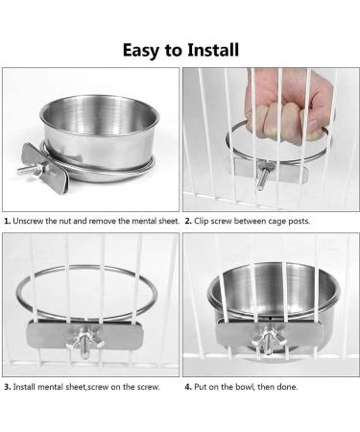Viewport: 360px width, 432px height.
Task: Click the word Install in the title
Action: (x=213, y=50)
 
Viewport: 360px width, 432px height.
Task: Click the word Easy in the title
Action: (x=141, y=51)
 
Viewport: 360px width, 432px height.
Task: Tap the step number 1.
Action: (x=8, y=221)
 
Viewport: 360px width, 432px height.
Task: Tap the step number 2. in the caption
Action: (x=188, y=221)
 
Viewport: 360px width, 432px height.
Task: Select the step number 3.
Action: (x=8, y=387)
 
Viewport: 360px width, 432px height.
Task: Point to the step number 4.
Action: (x=188, y=387)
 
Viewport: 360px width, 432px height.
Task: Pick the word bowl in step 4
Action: (x=245, y=387)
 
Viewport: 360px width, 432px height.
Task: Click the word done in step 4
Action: (x=287, y=387)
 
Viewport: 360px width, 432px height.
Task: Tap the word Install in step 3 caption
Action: (x=24, y=387)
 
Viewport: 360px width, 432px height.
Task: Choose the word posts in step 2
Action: (x=300, y=222)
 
